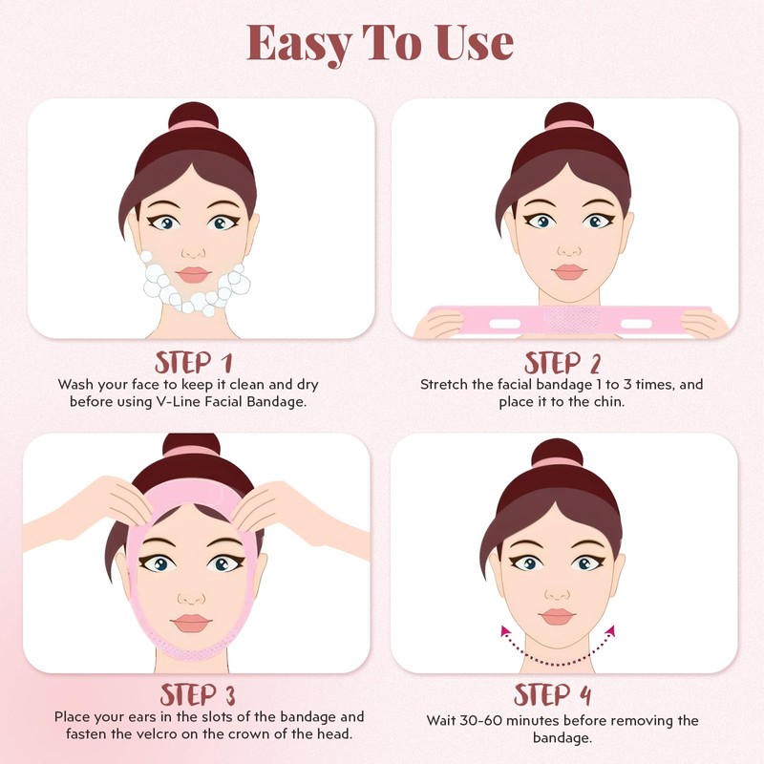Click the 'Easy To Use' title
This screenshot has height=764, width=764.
(x=380, y=42)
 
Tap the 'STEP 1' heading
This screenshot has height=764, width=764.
(x=194, y=363)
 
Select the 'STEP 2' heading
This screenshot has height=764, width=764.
(x=562, y=363)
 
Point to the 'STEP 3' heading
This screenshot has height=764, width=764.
(x=198, y=694)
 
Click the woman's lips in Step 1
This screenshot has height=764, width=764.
(x=194, y=273)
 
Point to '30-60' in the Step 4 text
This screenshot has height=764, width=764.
(x=490, y=720)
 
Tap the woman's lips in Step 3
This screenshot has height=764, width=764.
(x=194, y=622)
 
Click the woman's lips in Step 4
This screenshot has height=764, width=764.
(x=557, y=616)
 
